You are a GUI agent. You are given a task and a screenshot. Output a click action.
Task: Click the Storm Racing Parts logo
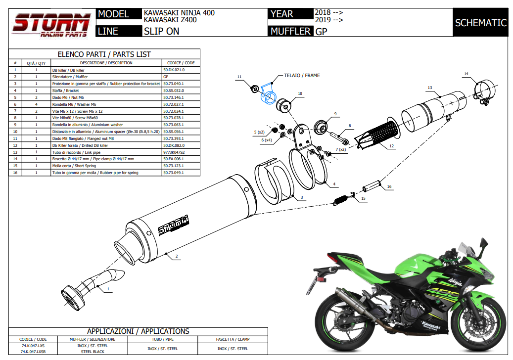[51, 24]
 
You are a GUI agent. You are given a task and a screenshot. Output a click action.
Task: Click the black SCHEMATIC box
[480, 23]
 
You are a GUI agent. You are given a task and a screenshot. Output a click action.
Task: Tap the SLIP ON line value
[161, 31]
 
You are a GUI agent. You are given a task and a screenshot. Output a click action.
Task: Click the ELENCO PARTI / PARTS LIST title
[104, 54]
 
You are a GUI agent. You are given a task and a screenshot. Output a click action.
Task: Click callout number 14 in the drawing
[466, 74]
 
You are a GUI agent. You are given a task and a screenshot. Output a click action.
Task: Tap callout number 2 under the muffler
[177, 256]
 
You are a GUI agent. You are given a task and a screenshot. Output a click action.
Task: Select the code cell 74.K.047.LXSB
[33, 352]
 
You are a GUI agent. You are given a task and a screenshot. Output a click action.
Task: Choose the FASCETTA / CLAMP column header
[233, 339]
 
